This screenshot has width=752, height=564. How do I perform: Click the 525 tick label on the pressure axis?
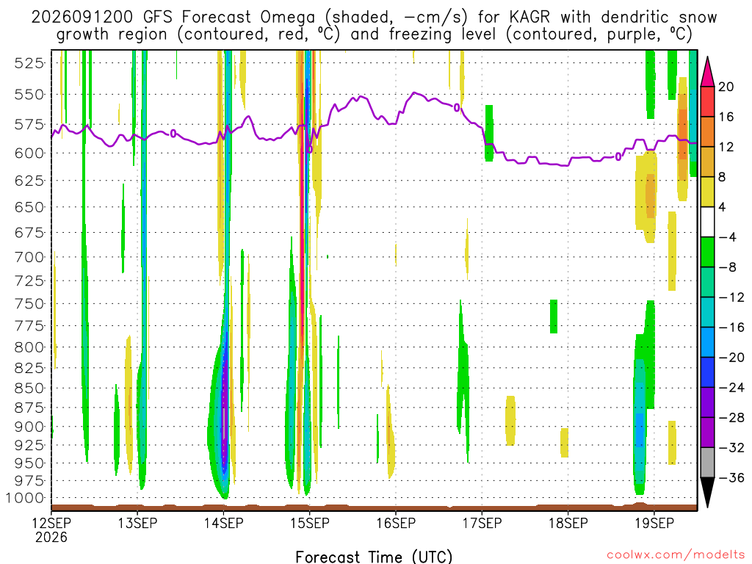[29, 63]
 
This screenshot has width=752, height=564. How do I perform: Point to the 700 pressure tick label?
[29, 257]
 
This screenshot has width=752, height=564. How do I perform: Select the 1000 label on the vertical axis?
[25, 498]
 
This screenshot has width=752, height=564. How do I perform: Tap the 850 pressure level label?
[29, 388]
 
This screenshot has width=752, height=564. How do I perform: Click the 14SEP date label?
[223, 523]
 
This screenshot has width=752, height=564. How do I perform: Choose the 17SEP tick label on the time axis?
[482, 523]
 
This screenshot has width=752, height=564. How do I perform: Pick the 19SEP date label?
[654, 523]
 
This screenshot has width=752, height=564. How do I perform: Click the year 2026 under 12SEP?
[51, 537]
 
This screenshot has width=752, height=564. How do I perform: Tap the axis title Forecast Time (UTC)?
[374, 557]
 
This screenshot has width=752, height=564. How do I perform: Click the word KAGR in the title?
[529, 18]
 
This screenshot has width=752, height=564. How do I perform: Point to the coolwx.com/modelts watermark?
[676, 555]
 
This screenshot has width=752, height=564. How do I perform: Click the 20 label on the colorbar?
[726, 87]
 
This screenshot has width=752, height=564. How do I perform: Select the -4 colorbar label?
[728, 237]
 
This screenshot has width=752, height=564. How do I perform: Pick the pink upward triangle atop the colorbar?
[707, 72]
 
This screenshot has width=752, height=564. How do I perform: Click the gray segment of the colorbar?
[707, 463]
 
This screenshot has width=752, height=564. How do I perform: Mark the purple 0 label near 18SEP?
[618, 157]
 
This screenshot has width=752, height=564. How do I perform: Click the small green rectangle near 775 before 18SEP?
[554, 317]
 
